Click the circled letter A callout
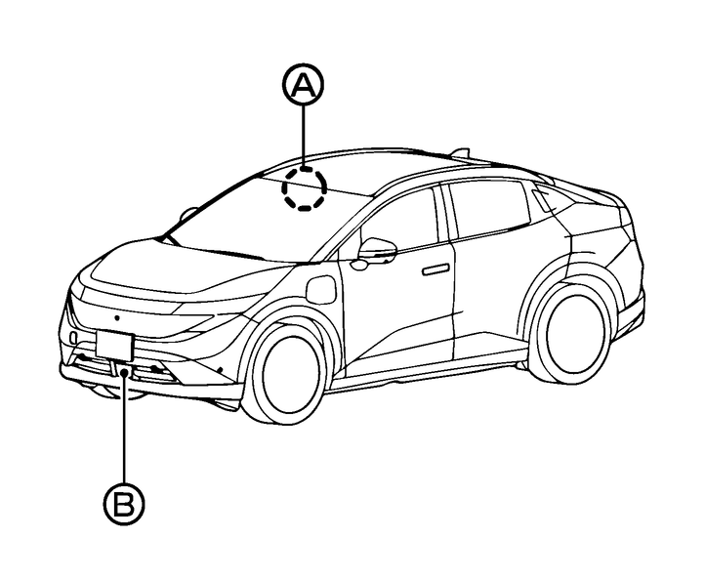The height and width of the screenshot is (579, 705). coord(303,85)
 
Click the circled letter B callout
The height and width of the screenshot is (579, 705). coord(124,504)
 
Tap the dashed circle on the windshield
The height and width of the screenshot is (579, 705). coord(305,188)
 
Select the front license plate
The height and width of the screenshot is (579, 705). coord(115,346)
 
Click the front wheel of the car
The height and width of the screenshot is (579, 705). coord(285,372)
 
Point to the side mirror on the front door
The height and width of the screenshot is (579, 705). coord(377,251)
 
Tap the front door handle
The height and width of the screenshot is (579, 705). coord(435,269)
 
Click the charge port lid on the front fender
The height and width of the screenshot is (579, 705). coord(320,289)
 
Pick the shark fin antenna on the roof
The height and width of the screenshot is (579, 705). coord(460,153)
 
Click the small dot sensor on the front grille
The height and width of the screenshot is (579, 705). coord(117,318)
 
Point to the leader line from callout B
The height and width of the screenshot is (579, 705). coord(124,427)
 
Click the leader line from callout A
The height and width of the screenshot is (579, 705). coord(304,137)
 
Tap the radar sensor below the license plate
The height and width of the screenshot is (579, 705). coord(125,370)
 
